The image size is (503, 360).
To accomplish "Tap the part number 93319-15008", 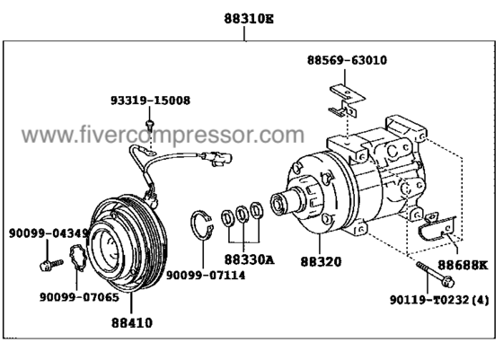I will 158,101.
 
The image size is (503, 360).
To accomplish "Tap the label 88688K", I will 463,266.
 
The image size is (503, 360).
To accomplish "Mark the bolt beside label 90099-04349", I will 46,264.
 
